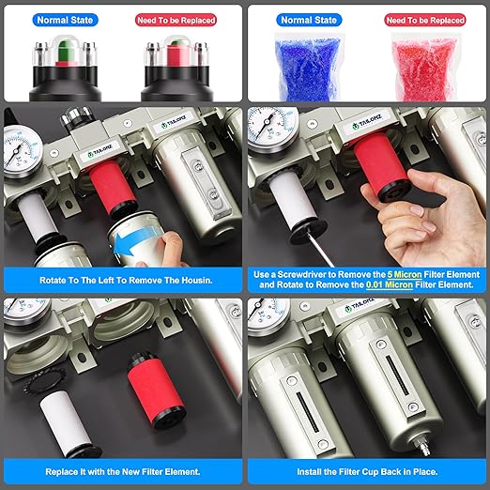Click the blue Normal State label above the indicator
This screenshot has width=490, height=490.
[x=65, y=20]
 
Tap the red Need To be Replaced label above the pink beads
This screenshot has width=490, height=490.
[x=425, y=21]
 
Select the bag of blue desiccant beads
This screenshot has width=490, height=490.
[x=308, y=68]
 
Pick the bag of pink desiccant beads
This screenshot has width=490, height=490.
[x=425, y=69]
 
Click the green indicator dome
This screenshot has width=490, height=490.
[x=65, y=51]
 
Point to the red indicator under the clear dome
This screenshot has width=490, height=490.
[x=177, y=54]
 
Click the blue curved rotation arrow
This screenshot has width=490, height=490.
[x=133, y=240]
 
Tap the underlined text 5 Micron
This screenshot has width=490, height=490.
[x=405, y=275]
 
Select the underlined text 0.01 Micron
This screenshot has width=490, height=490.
[x=390, y=285]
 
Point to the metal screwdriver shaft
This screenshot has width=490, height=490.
[x=320, y=248]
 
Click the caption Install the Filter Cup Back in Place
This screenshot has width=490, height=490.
[x=367, y=472]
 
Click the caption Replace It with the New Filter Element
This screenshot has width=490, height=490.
[x=123, y=472]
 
